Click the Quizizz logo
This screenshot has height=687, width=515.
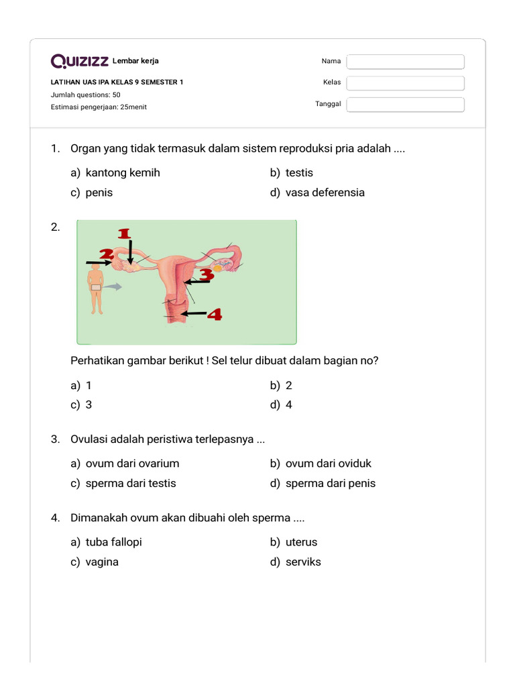[80, 62]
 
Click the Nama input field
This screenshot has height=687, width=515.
[405, 62]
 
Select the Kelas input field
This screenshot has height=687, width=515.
[405, 83]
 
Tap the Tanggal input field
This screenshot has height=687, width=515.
[405, 105]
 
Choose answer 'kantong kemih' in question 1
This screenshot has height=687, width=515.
[122, 173]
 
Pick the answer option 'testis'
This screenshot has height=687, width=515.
[298, 173]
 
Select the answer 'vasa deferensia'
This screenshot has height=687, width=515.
[325, 193]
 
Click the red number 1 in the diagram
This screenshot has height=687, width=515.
[124, 233]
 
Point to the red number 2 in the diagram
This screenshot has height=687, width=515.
[106, 254]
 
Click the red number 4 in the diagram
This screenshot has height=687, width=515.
[214, 313]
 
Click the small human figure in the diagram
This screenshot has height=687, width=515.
[96, 288]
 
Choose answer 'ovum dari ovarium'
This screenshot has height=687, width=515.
[132, 464]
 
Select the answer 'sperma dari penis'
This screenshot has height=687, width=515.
[330, 484]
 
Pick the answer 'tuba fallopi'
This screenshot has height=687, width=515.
[113, 542]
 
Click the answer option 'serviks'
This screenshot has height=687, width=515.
[302, 562]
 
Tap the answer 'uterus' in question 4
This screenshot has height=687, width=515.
[301, 542]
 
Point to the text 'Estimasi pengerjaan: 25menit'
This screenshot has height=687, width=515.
[99, 107]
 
